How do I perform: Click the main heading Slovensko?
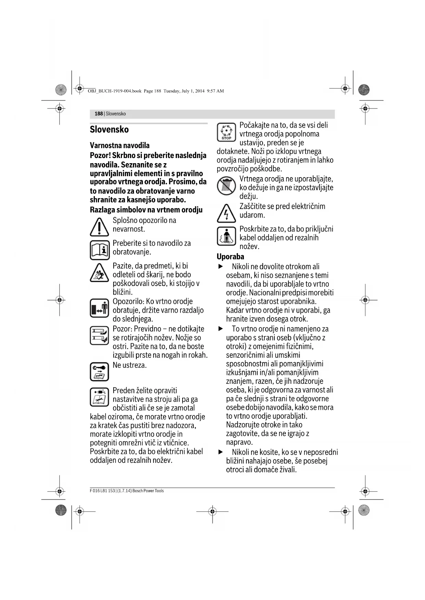point(109,130)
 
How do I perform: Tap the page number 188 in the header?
point(99,114)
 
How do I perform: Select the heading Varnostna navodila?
point(120,145)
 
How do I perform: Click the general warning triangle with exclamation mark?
point(99,227)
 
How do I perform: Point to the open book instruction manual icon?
point(100,250)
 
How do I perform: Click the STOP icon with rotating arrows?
point(226,132)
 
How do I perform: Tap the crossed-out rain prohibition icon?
point(226,186)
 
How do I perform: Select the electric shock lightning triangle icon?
point(226,213)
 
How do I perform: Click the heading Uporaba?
point(230,257)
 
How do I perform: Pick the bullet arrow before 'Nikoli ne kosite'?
point(221,452)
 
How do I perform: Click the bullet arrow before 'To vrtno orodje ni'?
point(221,329)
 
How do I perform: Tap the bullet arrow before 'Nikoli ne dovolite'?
point(221,266)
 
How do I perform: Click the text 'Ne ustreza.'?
point(129,365)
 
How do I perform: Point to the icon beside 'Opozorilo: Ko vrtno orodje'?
point(99,308)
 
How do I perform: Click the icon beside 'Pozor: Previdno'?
point(99,335)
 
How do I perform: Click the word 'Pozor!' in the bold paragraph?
point(100,155)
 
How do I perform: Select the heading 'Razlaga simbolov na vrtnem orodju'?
point(146,210)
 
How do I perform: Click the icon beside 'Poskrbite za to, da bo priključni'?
point(226,236)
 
